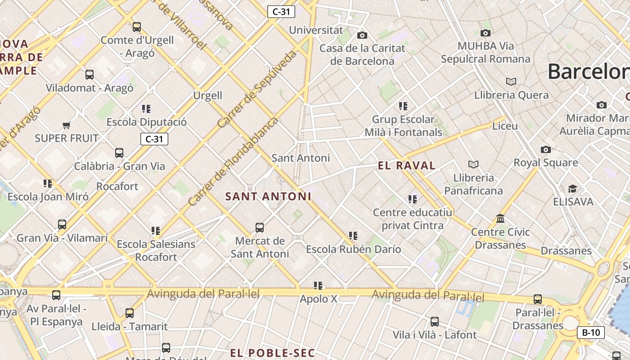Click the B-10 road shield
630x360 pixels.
pyautogui.click(x=591, y=333)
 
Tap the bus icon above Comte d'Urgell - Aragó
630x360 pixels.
pyautogui.click(x=137, y=27)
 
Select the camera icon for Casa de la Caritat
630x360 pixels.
pyautogui.click(x=362, y=35)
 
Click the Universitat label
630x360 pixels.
pyautogui.click(x=316, y=30)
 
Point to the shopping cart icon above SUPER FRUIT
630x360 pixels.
pyautogui.click(x=67, y=125)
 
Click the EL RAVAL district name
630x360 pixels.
pyautogui.click(x=407, y=166)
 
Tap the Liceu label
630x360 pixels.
pyautogui.click(x=505, y=126)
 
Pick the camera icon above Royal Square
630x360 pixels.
pyautogui.click(x=546, y=149)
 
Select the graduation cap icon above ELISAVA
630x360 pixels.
pyautogui.click(x=572, y=189)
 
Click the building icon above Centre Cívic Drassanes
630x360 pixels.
pyautogui.click(x=500, y=219)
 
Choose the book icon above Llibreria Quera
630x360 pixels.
pyautogui.click(x=511, y=82)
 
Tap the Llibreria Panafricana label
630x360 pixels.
pyautogui.click(x=473, y=184)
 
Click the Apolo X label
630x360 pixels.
pyautogui.click(x=319, y=299)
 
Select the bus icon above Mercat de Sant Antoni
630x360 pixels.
pyautogui.click(x=260, y=228)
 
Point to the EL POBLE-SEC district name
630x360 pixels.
pyautogui.click(x=272, y=352)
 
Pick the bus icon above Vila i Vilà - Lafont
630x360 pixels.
pyautogui.click(x=435, y=322)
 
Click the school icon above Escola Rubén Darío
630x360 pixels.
pyautogui.click(x=353, y=235)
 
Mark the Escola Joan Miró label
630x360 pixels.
pyautogui.click(x=48, y=197)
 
